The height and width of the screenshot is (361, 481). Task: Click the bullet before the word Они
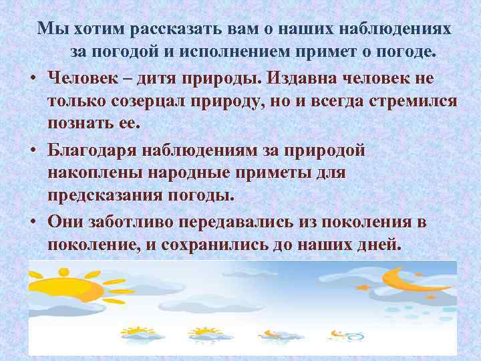[33, 221]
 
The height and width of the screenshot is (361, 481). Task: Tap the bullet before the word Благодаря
[33, 149]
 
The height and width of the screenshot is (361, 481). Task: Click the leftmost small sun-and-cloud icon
[137, 332]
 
